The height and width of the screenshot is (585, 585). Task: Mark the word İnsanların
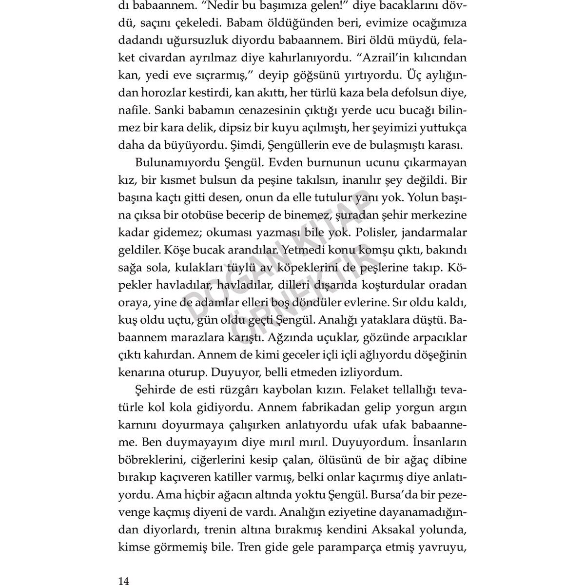pos(440,443)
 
